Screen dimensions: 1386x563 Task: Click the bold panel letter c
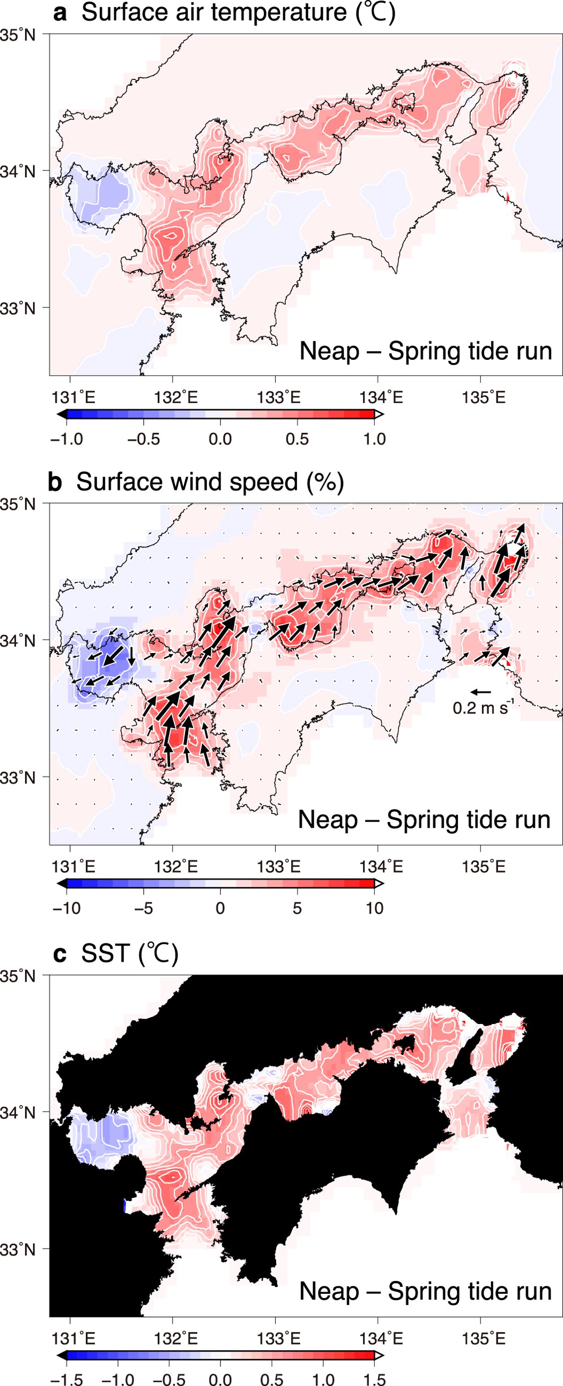tap(60, 954)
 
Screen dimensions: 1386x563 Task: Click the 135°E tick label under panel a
tap(483, 398)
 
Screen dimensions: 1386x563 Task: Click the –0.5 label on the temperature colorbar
tap(143, 439)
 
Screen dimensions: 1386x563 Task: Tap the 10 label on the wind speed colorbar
tap(374, 908)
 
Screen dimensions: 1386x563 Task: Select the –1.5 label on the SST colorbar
tap(66, 1380)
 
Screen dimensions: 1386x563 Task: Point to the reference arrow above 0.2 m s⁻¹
tap(480, 691)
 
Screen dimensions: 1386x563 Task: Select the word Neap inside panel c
tap(329, 1291)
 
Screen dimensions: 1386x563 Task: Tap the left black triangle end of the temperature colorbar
tap(62, 414)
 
